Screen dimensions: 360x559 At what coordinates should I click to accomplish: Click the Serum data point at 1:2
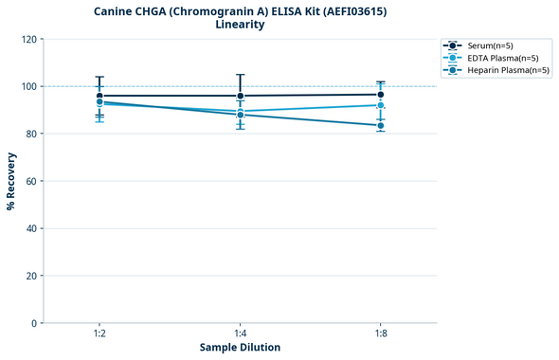click(99, 96)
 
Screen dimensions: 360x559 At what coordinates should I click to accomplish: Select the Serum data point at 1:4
click(240, 96)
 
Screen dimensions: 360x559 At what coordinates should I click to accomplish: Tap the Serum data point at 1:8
click(380, 95)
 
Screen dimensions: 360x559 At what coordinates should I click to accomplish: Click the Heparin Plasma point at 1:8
click(380, 125)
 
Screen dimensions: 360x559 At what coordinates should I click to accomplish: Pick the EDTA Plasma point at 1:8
click(380, 105)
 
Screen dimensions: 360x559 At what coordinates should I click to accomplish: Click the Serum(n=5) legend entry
click(491, 45)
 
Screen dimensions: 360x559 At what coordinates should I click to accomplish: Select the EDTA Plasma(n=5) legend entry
click(497, 58)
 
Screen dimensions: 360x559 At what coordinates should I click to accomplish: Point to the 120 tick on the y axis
click(28, 39)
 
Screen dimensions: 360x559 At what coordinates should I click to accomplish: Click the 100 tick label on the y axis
click(28, 86)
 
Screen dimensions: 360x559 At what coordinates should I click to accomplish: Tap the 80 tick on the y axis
click(31, 134)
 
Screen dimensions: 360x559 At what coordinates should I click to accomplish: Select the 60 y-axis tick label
click(31, 181)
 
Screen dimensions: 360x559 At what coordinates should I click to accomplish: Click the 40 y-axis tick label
click(31, 228)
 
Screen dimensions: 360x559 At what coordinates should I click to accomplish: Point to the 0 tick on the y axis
click(34, 323)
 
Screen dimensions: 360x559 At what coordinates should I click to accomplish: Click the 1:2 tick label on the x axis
click(99, 333)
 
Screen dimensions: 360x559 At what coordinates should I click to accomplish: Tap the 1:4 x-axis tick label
click(240, 333)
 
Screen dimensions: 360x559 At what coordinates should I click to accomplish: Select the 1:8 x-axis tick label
click(380, 333)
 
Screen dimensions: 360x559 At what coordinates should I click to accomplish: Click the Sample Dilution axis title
click(240, 348)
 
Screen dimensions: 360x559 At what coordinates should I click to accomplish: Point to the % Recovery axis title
click(11, 181)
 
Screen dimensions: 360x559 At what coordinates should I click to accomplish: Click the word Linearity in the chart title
click(240, 25)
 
